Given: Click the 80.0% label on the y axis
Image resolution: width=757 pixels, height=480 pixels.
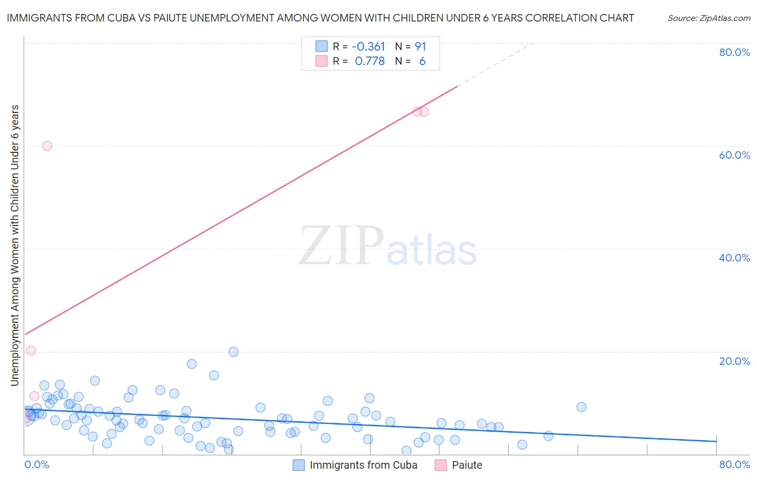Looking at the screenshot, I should click(x=734, y=52).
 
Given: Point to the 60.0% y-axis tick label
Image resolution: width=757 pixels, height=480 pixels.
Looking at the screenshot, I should click(x=734, y=155).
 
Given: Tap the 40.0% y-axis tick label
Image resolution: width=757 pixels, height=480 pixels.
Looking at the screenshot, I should click(x=734, y=258).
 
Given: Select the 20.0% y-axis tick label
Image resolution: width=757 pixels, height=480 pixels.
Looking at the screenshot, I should click(x=734, y=361).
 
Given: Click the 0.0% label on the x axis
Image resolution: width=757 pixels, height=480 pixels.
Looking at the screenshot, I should click(x=37, y=464).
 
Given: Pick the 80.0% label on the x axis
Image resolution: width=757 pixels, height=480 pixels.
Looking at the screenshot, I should click(x=734, y=464).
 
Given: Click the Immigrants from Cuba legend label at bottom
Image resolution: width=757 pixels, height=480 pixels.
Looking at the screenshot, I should click(x=363, y=465).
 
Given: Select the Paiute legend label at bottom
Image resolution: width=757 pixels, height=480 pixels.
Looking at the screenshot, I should click(x=467, y=465).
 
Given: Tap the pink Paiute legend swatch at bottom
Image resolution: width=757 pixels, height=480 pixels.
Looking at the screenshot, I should click(x=441, y=465).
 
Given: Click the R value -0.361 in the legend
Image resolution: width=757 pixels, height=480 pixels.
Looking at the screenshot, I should click(x=368, y=47).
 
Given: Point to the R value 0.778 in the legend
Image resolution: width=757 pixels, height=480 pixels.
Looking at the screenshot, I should click(x=369, y=61).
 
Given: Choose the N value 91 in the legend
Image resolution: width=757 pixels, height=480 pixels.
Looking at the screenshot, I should click(x=420, y=47).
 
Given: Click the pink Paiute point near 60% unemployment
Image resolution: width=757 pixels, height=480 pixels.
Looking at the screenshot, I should click(x=47, y=146).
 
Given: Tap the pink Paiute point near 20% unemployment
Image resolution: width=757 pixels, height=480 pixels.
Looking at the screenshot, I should click(x=31, y=350).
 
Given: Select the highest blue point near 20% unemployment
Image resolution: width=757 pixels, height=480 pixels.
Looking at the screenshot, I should click(x=233, y=352).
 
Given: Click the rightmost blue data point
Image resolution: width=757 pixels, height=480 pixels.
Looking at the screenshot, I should click(x=581, y=407).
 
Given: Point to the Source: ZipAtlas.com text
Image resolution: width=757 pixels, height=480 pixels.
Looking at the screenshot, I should click(x=709, y=18).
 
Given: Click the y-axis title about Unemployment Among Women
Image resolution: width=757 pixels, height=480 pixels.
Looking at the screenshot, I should click(x=15, y=245).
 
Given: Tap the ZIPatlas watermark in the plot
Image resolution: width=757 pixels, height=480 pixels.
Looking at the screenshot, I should click(x=388, y=246).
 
